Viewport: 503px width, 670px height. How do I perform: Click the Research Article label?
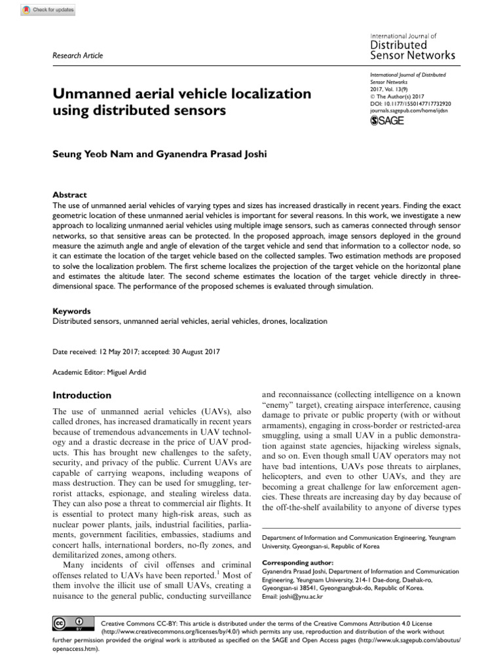pyautogui.click(x=77, y=56)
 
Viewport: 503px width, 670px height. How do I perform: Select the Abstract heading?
pyautogui.click(x=69, y=195)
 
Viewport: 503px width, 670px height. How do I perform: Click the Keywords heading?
pyautogui.click(x=71, y=311)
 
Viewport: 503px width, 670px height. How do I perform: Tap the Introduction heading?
pyautogui.click(x=82, y=395)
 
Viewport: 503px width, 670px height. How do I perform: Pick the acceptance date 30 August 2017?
pyautogui.click(x=193, y=351)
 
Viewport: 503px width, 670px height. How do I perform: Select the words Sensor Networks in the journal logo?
pyautogui.click(x=413, y=56)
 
